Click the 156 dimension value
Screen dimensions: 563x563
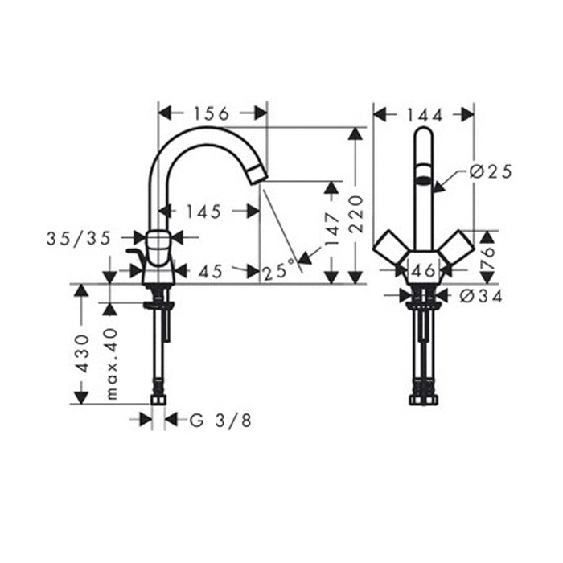coord(212,114)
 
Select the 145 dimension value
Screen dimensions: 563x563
coord(203,212)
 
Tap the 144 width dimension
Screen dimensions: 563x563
coord(425,115)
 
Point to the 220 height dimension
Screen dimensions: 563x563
coord(356,214)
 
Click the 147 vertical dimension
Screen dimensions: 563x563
coord(331,229)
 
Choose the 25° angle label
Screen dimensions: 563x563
coord(280,271)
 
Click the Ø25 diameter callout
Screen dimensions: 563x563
coord(491,172)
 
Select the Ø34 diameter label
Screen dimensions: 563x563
coord(481,297)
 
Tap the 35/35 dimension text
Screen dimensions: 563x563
coord(79,239)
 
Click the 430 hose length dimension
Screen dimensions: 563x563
coord(83,354)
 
